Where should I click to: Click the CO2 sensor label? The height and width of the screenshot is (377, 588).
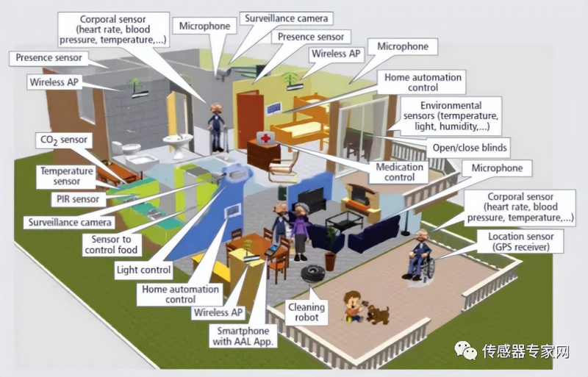click(64, 140)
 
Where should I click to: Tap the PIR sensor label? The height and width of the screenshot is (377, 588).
click(78, 199)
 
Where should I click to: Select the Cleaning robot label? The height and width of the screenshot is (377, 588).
click(306, 312)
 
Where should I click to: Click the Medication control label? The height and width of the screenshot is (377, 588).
click(399, 172)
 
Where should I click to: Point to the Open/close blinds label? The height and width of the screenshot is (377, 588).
click(470, 148)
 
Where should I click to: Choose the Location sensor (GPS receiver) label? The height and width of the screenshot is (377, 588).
click(520, 242)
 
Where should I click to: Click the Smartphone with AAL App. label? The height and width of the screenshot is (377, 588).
click(243, 336)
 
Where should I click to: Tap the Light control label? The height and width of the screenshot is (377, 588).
click(143, 270)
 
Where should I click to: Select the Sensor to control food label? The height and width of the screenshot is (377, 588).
click(112, 245)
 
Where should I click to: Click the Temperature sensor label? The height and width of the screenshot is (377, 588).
click(66, 176)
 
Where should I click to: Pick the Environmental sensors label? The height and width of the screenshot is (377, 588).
click(451, 116)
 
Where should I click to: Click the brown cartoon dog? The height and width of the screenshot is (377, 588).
click(378, 315)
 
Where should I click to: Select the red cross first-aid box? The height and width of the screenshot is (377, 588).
click(265, 139)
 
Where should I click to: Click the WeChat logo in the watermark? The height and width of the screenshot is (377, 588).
click(465, 351)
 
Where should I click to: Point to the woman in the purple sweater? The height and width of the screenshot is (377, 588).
click(300, 231)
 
